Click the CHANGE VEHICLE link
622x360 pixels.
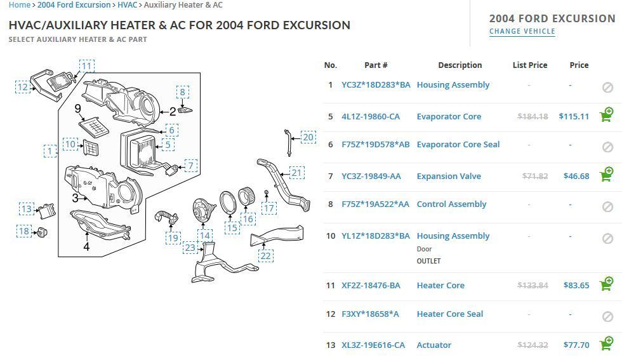coord(522,31)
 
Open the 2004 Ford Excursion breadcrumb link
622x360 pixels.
coord(74,5)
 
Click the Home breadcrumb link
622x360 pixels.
coord(19,5)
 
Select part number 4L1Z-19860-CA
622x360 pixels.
coord(371,116)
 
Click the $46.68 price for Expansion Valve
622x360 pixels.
coord(576,176)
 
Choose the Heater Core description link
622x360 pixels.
coord(440,285)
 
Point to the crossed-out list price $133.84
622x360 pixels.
coord(532,285)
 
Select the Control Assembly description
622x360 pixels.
coord(451,204)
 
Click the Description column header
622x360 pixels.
coord(460,65)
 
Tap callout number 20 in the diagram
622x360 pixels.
coord(308,137)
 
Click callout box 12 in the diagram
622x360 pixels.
coord(23,87)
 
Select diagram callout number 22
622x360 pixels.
coord(265,256)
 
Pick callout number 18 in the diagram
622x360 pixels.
coord(23,231)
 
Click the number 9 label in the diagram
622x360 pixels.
coord(78,109)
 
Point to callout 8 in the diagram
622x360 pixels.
coord(182,92)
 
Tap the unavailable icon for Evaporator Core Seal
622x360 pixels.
coord(607,147)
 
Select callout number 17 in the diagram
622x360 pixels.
coord(270,208)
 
